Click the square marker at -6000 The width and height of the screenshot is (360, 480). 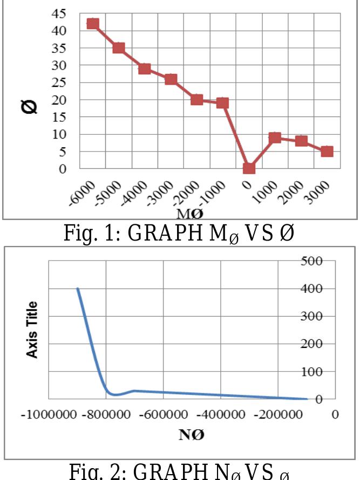tap(93, 24)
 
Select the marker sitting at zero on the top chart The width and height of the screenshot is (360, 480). tap(249, 168)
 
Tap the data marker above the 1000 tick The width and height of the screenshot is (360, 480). tap(275, 138)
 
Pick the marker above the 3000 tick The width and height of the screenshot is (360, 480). tap(327, 152)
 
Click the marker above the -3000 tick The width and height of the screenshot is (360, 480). tap(171, 79)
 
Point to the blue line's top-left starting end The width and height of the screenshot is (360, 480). tap(78, 289)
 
